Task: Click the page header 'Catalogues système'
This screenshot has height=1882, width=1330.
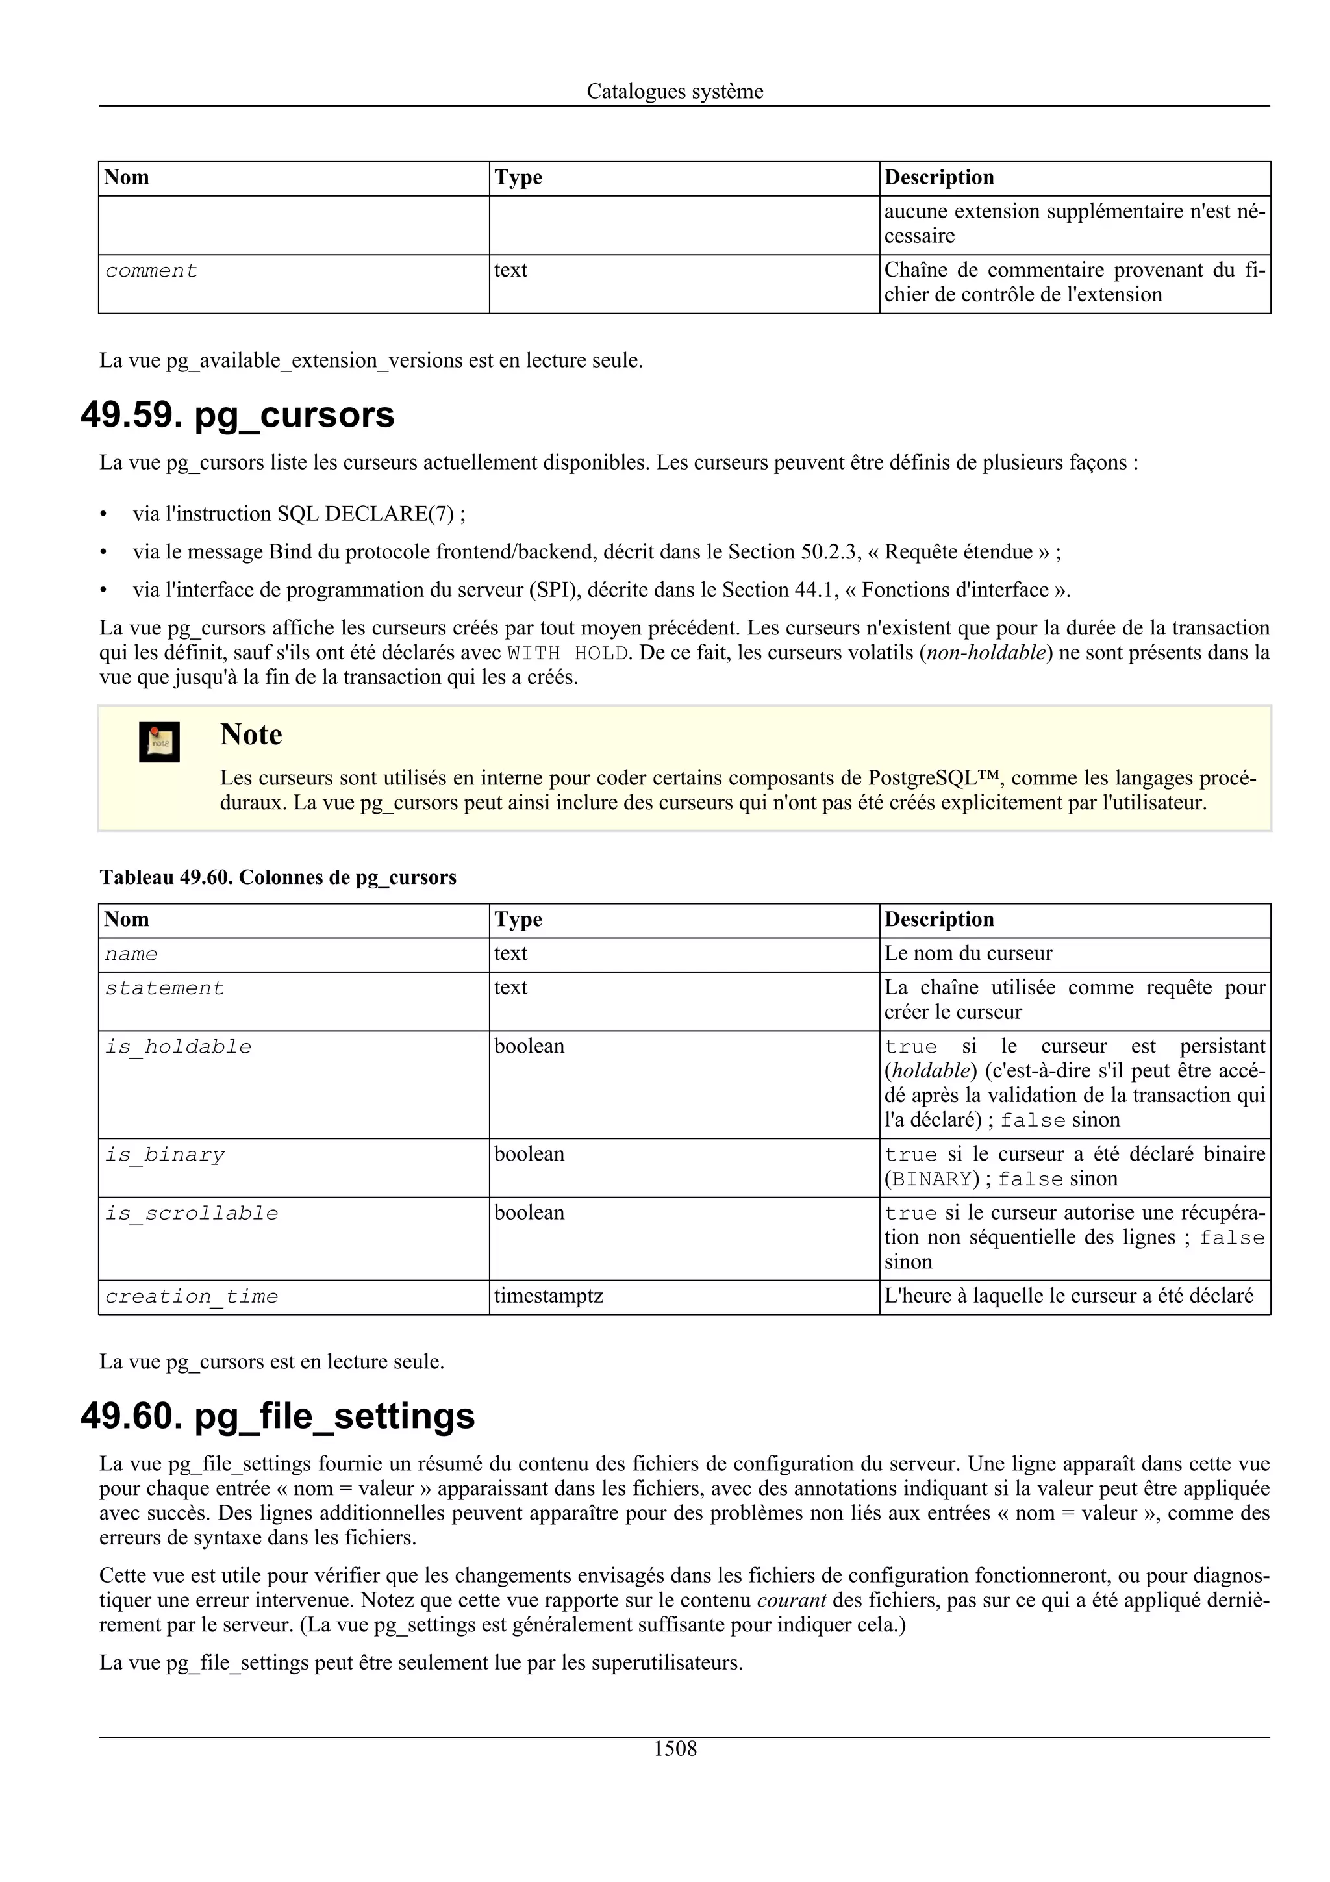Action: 675,91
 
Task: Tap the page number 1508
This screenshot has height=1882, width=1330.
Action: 675,1748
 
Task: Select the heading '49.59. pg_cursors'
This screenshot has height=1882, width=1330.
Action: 238,416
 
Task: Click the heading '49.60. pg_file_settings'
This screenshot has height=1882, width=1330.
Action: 278,1416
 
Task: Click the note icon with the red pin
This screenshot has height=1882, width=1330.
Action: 159,742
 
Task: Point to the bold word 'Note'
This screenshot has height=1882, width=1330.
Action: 251,734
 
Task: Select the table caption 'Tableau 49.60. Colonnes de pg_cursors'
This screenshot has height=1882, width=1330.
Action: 278,877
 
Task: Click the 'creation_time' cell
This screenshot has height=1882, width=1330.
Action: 192,1297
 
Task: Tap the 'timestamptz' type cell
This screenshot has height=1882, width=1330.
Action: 548,1296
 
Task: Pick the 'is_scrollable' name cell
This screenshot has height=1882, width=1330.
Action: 192,1213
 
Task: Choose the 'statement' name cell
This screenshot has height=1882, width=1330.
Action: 165,988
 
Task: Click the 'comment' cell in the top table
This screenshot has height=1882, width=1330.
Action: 151,271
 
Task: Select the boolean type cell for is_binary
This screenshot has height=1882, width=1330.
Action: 529,1154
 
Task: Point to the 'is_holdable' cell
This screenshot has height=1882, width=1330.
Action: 179,1047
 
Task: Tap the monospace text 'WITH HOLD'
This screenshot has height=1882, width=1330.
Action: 567,653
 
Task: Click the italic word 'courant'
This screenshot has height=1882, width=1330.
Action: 791,1600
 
